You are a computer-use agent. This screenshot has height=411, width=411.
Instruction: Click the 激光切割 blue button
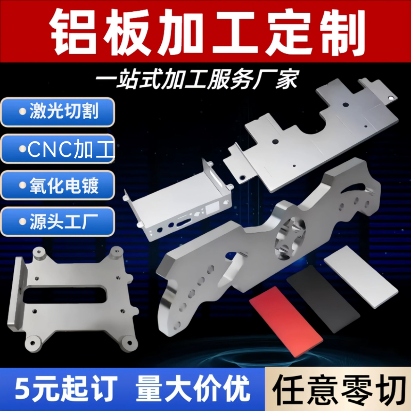[x=58, y=112]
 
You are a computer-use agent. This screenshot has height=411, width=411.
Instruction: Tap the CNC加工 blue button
[x=58, y=149]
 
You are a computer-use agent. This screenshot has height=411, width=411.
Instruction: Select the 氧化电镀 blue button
[x=58, y=185]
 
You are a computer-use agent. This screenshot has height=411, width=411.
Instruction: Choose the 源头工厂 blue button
[x=58, y=222]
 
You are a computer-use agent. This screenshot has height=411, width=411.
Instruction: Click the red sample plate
[x=286, y=321]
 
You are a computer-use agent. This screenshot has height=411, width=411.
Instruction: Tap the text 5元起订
[x=65, y=389]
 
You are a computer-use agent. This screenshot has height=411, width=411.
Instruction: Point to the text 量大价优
[x=192, y=389]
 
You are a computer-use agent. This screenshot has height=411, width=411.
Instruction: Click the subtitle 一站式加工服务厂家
[x=197, y=79]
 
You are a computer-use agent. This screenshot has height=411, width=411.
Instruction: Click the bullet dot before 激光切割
[x=22, y=112]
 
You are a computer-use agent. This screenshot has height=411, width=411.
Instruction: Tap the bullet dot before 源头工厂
[x=22, y=222]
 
